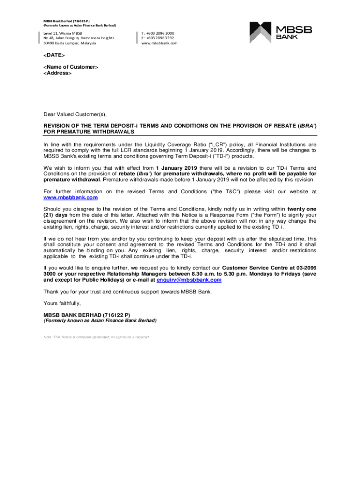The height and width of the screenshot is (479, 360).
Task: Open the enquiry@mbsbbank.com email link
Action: coord(189,280)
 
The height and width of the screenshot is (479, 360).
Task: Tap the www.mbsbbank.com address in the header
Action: coord(159,43)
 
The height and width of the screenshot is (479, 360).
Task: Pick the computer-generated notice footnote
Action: coord(96,337)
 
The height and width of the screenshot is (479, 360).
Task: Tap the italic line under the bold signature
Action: coord(100,321)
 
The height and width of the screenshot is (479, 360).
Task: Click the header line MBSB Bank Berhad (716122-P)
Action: coord(67,21)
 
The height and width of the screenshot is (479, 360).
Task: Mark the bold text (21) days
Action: coord(56,215)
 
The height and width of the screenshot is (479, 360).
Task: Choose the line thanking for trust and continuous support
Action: coord(128,292)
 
